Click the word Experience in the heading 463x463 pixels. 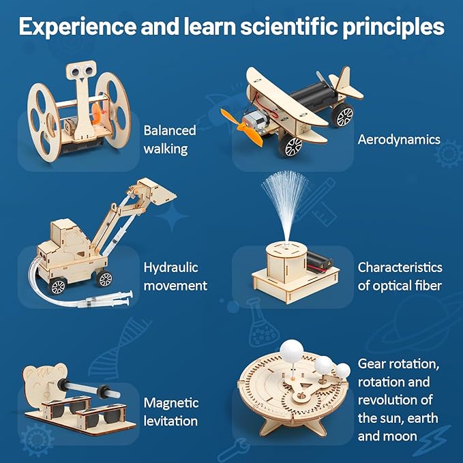pyautogui.click(x=72, y=27)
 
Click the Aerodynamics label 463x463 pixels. pyautogui.click(x=399, y=140)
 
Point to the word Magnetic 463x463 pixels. pyautogui.click(x=171, y=403)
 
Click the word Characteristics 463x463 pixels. pyautogui.click(x=400, y=267)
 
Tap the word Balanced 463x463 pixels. pyautogui.click(x=170, y=130)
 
